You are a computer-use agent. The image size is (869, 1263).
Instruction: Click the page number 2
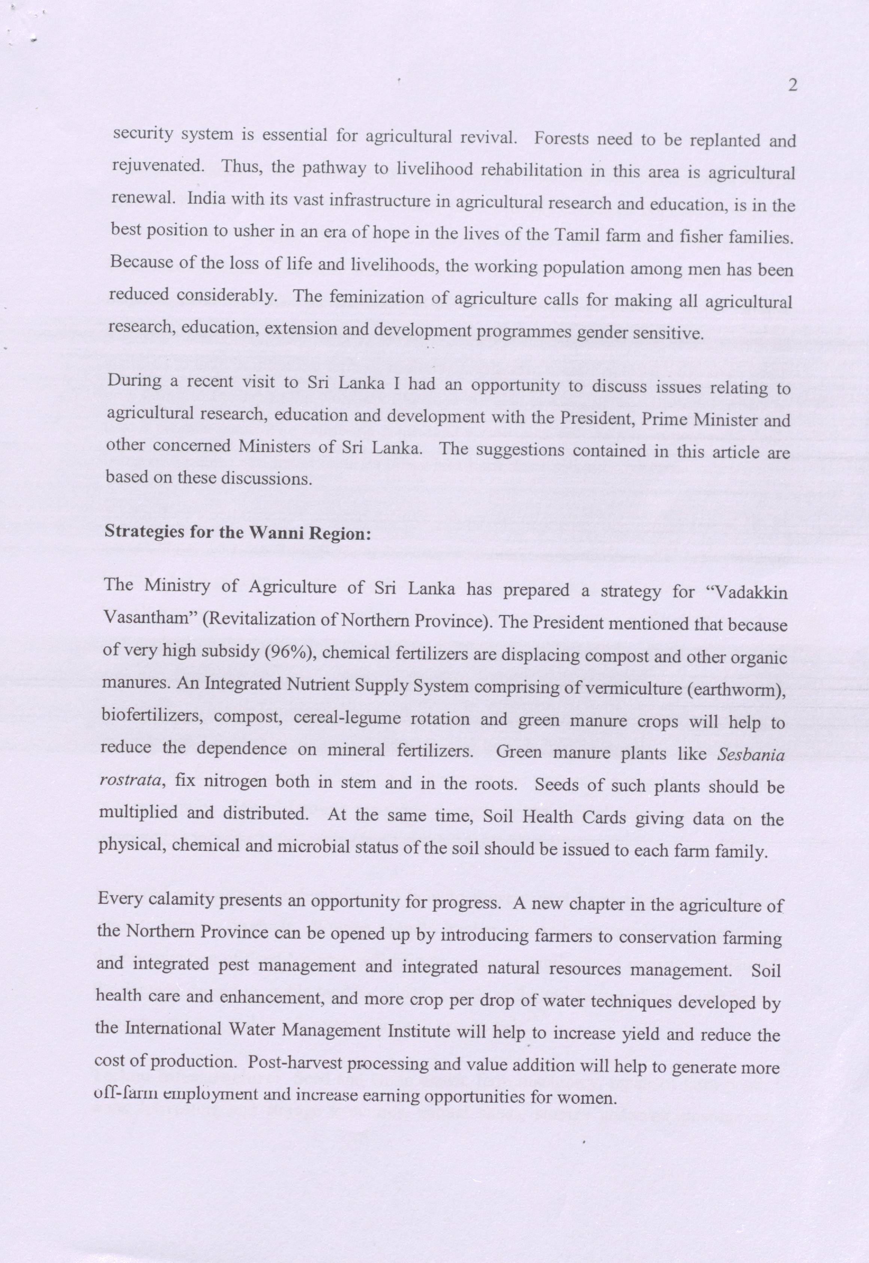(792, 85)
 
